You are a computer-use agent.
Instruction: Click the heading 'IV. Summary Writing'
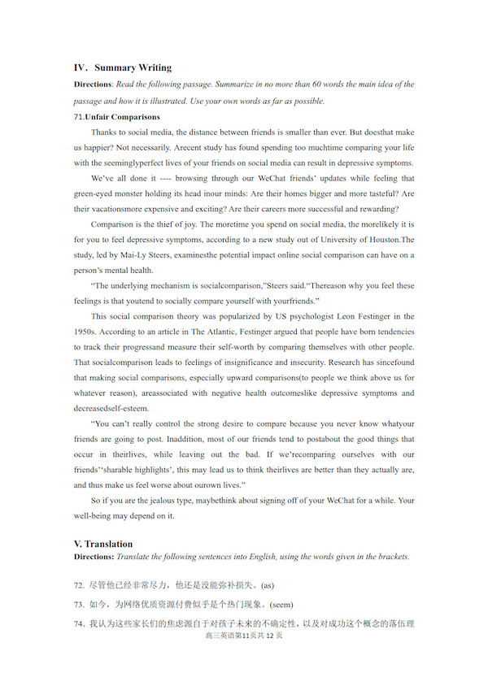122,67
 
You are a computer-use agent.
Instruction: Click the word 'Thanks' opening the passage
104,132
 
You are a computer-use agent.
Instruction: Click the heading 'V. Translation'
103,544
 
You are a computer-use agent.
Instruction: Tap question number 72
79,584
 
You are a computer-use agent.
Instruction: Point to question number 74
79,624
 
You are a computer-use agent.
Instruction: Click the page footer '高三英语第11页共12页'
244,636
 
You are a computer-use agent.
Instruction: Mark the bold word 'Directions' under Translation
93,557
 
